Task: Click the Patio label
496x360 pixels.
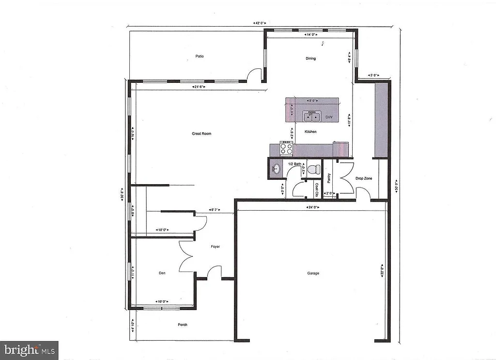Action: (x=200, y=56)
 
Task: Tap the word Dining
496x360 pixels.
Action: (x=310, y=59)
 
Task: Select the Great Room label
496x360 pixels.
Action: (x=201, y=134)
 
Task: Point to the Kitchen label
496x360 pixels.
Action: (x=310, y=132)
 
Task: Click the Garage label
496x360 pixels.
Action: (x=313, y=273)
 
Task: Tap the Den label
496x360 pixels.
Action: (x=162, y=273)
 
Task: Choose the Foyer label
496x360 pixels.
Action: (x=215, y=247)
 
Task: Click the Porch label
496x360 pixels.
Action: (x=182, y=325)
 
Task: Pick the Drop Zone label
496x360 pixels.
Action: (x=364, y=179)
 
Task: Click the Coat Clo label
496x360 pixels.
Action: (x=317, y=188)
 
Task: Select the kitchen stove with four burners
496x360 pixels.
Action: (x=286, y=148)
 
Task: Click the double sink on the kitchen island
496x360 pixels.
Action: (x=312, y=116)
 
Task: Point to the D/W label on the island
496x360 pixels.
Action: (x=329, y=117)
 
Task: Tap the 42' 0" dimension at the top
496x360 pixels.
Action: (x=260, y=23)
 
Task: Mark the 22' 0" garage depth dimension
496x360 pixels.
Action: (x=382, y=271)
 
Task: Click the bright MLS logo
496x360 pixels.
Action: (x=29, y=350)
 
